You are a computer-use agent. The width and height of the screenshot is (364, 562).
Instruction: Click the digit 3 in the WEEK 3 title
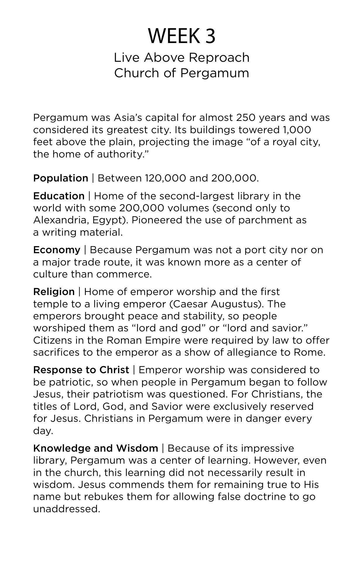coord(210,36)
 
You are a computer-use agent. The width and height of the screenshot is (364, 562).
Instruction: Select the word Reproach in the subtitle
coord(219,58)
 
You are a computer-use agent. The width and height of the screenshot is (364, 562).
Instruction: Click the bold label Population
coord(61,178)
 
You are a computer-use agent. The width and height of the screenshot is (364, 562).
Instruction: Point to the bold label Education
coord(59,196)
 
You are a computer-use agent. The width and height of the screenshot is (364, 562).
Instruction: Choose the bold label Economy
coord(57,250)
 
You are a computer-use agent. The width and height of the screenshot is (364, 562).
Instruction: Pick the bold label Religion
coord(54,292)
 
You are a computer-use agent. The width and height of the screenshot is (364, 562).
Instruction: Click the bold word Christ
coord(114,370)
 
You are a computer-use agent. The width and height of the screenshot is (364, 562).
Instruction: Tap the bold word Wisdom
coord(137,448)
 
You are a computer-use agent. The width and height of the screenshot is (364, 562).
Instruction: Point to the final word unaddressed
coord(66,509)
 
